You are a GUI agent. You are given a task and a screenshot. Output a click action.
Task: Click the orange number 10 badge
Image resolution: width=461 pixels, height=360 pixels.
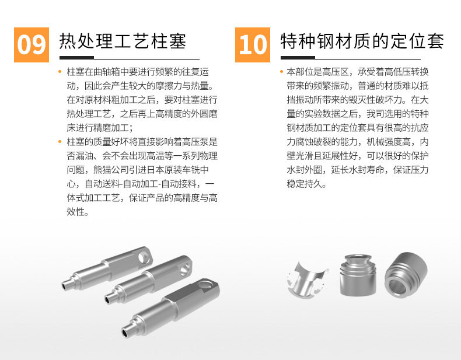(x=253, y=43)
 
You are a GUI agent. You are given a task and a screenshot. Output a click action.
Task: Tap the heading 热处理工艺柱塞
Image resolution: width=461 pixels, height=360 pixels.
(x=123, y=41)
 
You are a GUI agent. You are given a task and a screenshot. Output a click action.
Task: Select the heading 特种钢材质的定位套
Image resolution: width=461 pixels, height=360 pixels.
(x=362, y=41)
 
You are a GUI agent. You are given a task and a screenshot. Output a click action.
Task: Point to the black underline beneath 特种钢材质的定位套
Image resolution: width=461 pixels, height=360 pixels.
(x=362, y=58)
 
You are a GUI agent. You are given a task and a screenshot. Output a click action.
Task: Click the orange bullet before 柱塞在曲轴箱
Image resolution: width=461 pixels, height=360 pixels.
(x=61, y=72)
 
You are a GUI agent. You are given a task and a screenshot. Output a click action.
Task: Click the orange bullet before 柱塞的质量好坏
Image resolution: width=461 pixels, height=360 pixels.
(x=61, y=142)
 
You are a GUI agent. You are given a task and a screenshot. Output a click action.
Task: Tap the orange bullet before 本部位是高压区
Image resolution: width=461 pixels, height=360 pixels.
(x=281, y=72)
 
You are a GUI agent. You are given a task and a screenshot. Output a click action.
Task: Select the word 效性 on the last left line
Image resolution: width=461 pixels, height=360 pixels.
(x=77, y=212)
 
